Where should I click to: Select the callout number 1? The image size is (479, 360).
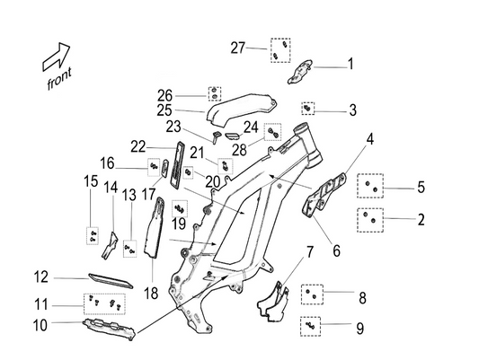(x=350, y=65)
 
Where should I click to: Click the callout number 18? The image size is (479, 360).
(x=149, y=293)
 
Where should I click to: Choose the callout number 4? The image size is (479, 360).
(x=369, y=139)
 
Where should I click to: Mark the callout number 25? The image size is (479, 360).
(x=164, y=110)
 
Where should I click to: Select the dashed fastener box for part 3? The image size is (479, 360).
(x=308, y=109)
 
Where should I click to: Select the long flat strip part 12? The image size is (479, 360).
(x=110, y=280)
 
